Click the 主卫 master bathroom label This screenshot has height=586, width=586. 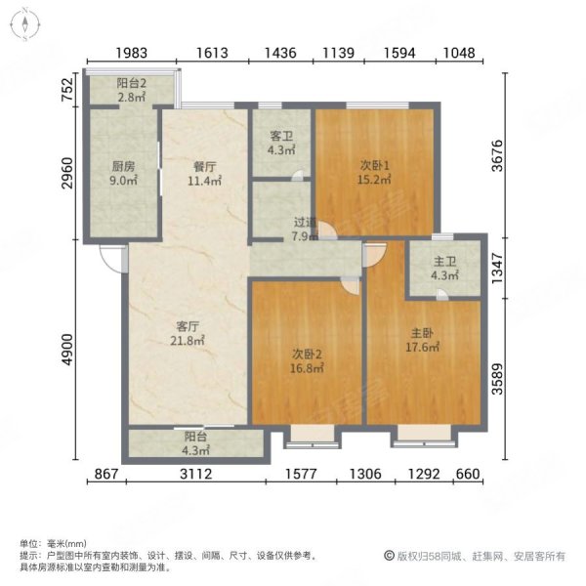tap(444, 261)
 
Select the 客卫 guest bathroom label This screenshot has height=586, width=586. tap(280, 136)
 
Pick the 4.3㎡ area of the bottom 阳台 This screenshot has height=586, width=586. tap(195, 450)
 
